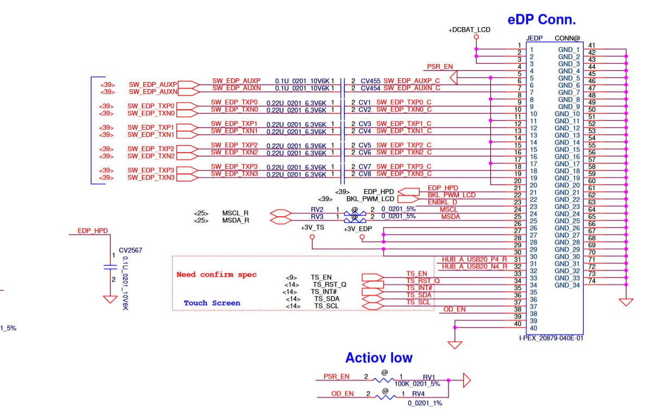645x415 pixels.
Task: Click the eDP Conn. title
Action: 541,20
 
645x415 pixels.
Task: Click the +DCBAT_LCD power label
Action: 469,29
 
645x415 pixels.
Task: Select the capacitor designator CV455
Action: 370,80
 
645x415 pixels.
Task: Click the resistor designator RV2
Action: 317,209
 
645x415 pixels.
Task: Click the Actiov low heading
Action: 378,358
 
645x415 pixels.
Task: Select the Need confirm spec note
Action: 216,274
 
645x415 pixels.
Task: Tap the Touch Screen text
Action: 212,303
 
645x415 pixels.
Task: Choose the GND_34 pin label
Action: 568,285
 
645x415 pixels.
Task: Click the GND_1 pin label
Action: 569,49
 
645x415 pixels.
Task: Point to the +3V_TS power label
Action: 312,229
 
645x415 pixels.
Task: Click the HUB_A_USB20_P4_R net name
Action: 474,259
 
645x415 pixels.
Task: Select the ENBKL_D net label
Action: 442,202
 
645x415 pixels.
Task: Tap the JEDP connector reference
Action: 535,39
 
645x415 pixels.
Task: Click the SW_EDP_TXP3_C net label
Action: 403,166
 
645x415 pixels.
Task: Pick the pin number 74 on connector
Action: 591,281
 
